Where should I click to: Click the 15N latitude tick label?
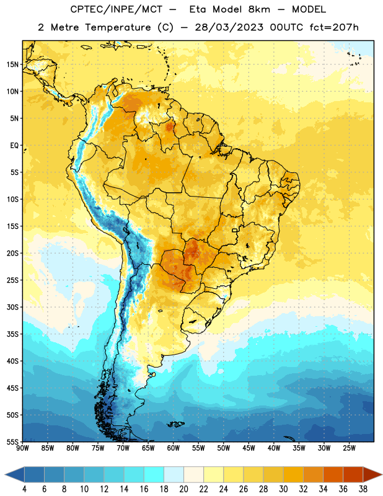pos(12,64)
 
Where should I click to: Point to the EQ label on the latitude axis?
pos(14,146)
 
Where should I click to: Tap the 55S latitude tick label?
pos(12,441)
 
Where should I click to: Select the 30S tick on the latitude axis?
pos(12,307)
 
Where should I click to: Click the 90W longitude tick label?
pos(23,448)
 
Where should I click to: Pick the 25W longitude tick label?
pos(349,448)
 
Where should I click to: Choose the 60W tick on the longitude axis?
pos(174,448)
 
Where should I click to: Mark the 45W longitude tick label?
pos(249,448)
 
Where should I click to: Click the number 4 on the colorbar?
pos(24,489)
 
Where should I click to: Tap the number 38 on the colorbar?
pos(363,489)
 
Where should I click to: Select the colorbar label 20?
pos(183,489)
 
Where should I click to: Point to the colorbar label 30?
pos(283,489)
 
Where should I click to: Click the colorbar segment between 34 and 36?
pos(333,474)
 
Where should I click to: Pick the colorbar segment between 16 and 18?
pos(154,474)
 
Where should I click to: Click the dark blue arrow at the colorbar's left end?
pos(14,474)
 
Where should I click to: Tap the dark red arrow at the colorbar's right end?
pos(373,474)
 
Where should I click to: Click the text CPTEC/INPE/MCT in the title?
pos(116,9)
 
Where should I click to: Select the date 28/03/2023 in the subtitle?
pos(229,27)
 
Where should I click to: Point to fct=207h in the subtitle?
pos(334,27)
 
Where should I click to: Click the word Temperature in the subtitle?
pos(118,27)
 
